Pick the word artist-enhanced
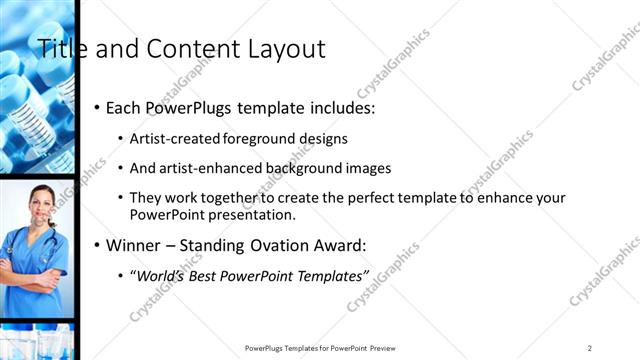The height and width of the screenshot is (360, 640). pyautogui.click(x=206, y=168)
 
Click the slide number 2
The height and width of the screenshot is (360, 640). pyautogui.click(x=590, y=348)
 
